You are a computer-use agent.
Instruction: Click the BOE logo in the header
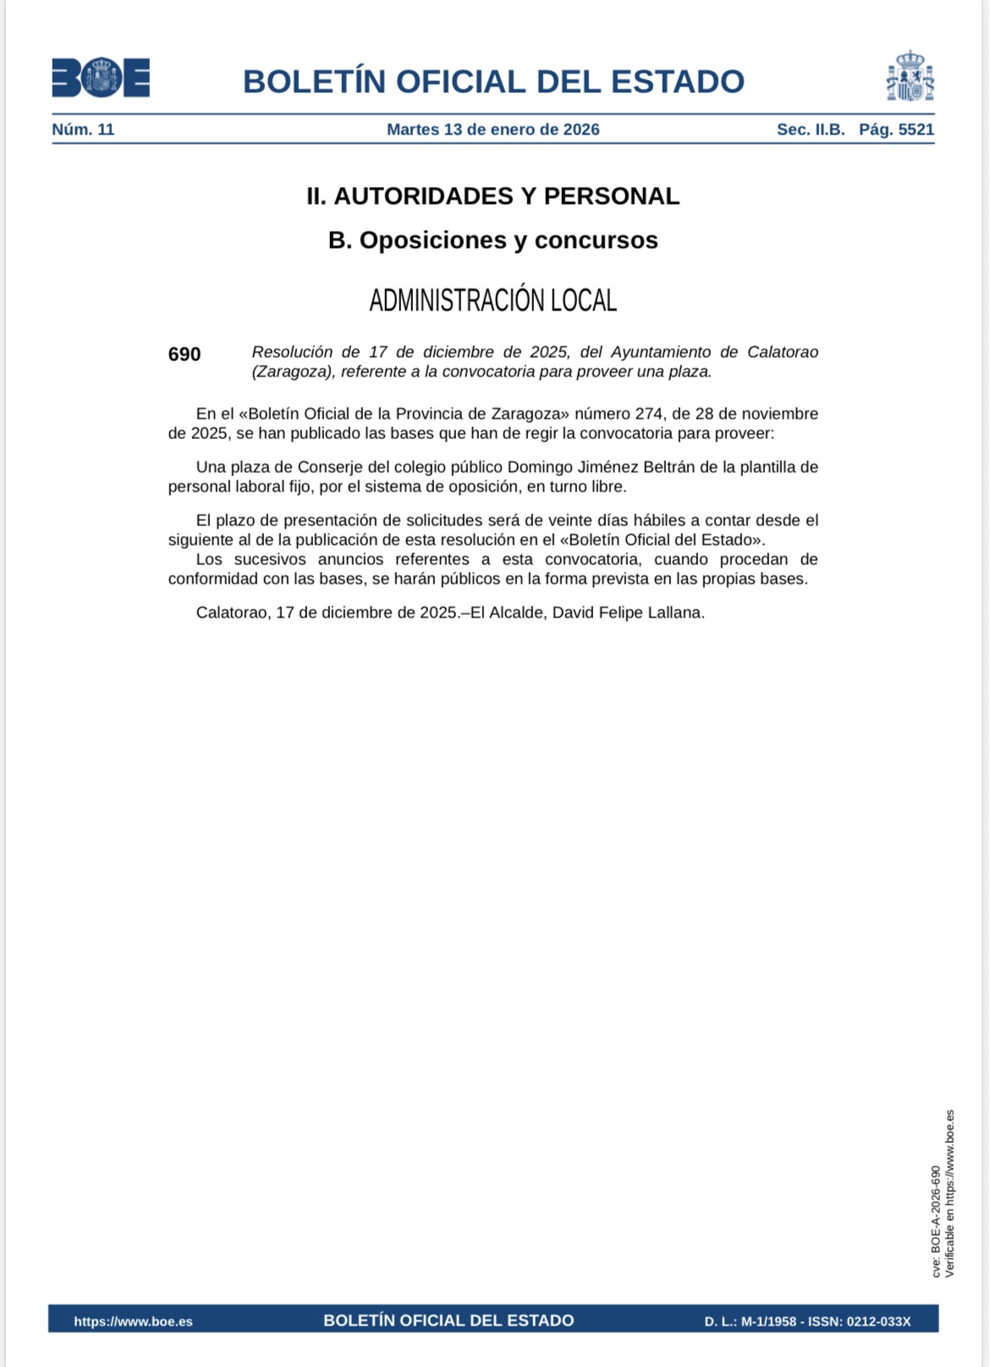[x=101, y=78]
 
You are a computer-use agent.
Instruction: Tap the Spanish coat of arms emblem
[x=910, y=76]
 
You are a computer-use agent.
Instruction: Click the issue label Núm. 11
[x=83, y=129]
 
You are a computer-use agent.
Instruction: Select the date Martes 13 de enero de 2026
[x=492, y=129]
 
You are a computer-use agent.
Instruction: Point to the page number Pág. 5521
[x=896, y=129]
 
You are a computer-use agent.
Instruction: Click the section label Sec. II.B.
[x=811, y=129]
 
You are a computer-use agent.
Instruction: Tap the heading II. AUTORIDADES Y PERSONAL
[x=492, y=196]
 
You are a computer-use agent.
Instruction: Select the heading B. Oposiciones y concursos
[x=492, y=240]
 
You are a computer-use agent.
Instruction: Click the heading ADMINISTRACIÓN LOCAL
[x=492, y=300]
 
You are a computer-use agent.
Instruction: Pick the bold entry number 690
[x=184, y=354]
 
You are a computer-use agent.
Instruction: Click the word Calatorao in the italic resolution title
[x=782, y=352]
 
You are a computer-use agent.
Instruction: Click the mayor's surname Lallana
[x=674, y=612]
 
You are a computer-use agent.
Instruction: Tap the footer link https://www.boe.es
[x=133, y=1321]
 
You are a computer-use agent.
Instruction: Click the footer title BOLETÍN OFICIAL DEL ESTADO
[x=448, y=1320]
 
